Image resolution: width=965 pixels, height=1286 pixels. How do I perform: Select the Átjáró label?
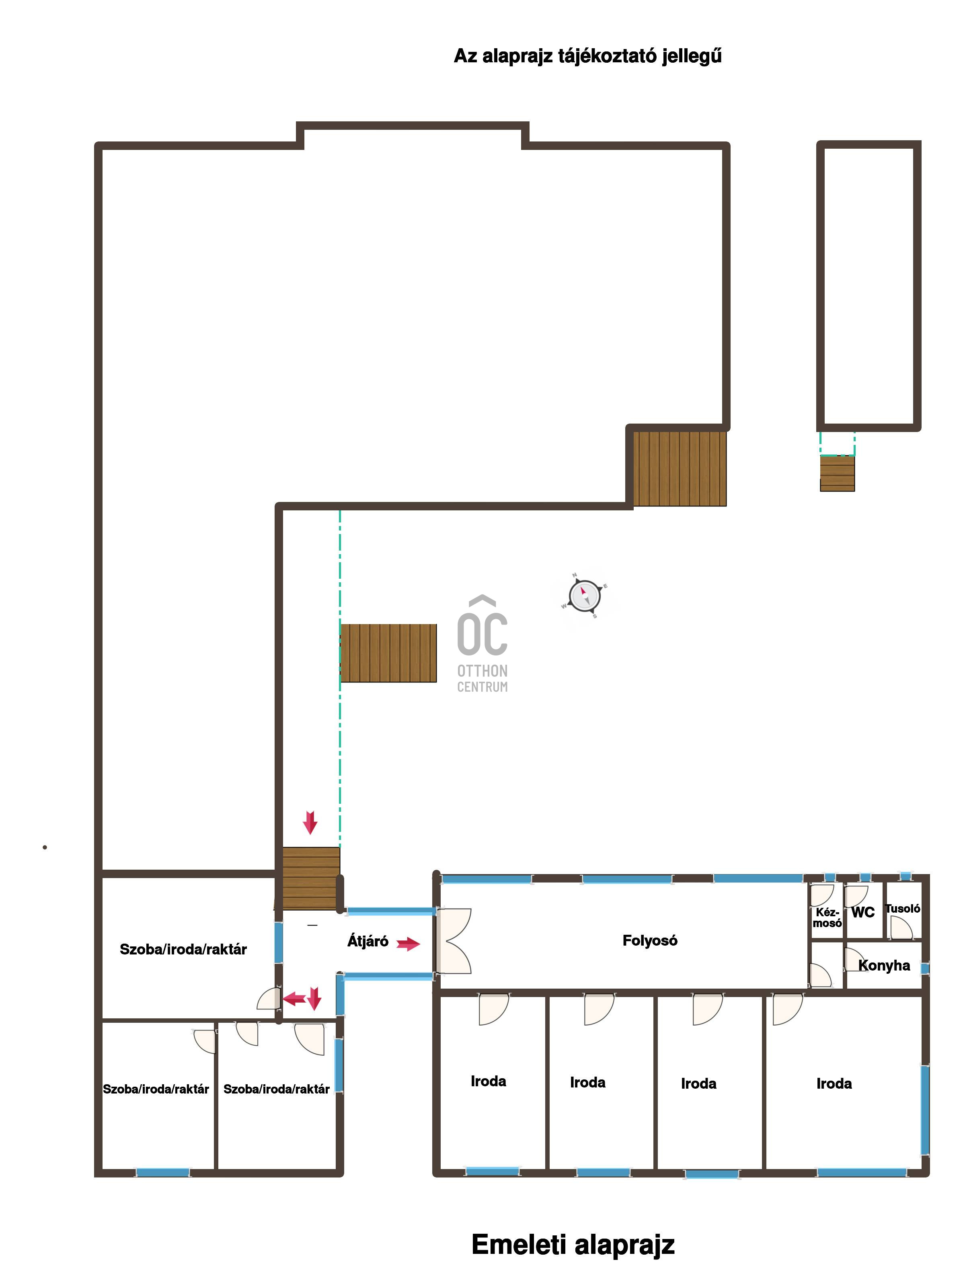pos(368,941)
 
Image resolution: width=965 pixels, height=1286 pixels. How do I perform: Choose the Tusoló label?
pos(902,909)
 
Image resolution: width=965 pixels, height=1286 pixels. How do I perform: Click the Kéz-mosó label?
pos(827,918)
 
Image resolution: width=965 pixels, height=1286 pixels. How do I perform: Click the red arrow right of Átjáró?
pos(409,944)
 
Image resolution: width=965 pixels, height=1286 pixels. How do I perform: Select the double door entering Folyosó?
pos(454,941)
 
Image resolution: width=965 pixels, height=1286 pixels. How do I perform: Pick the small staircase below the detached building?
pos(837,473)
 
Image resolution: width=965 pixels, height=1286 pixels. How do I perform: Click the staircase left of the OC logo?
pos(388,653)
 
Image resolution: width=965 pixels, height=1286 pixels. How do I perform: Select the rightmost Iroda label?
pos(834,1084)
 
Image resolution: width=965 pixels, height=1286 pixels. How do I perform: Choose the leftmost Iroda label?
pos(488,1081)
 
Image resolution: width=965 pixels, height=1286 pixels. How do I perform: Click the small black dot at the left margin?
pos(45,848)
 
